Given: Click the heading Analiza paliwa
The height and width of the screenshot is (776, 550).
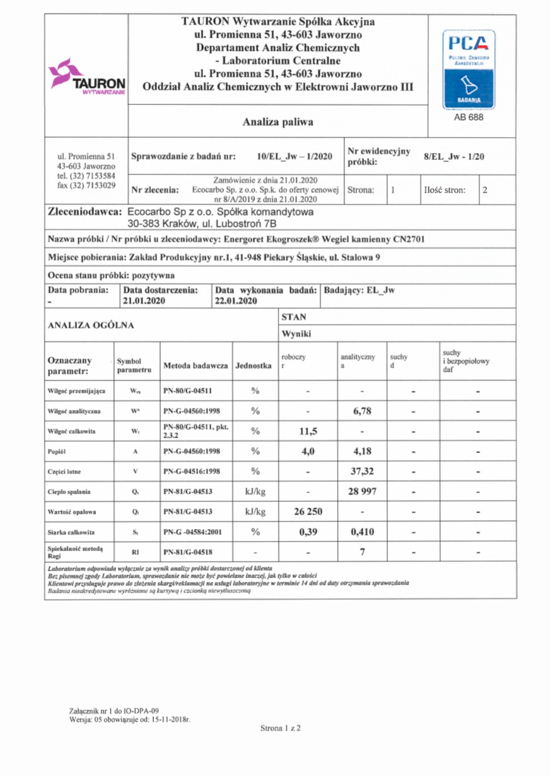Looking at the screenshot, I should [278, 122].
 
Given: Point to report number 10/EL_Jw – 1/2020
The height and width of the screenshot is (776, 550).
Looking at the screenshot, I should [295, 156].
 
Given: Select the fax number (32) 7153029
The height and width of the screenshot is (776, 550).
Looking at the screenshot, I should [86, 185].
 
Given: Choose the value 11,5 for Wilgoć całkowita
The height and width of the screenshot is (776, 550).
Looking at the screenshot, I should [308, 431].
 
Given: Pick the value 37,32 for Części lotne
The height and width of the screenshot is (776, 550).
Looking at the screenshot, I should [362, 471].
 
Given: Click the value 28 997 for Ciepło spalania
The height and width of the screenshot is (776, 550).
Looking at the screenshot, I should [362, 491].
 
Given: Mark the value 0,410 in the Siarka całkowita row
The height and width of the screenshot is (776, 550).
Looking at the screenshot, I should [362, 531].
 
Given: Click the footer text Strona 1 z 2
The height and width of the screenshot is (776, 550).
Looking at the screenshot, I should [281, 728].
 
